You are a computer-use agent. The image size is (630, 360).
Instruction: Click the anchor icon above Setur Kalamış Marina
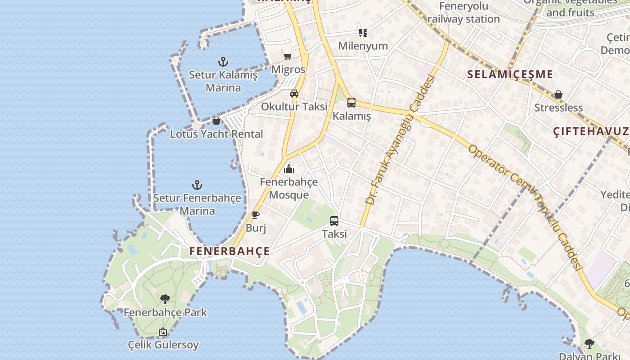(x=223, y=62)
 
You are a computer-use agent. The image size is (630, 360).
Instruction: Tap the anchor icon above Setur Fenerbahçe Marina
(x=197, y=185)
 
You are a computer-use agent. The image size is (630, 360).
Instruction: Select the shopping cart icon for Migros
(x=288, y=57)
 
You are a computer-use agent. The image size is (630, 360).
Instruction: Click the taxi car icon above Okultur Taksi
(x=294, y=94)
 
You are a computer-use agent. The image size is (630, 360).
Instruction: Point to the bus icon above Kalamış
(x=351, y=103)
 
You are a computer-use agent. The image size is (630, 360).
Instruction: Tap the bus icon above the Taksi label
(x=334, y=221)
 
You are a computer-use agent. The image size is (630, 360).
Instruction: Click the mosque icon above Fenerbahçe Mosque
(x=289, y=169)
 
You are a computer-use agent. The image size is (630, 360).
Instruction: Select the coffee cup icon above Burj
(x=256, y=215)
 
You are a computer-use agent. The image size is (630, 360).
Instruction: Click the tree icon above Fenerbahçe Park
(x=165, y=299)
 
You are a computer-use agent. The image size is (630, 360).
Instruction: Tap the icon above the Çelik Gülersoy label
(x=163, y=332)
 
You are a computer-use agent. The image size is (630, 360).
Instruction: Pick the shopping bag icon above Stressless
(x=558, y=94)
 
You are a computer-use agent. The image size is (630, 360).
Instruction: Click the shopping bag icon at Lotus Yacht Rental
(x=216, y=121)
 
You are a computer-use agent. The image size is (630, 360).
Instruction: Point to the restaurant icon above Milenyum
(x=363, y=33)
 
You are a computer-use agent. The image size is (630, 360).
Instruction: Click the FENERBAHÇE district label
(x=229, y=251)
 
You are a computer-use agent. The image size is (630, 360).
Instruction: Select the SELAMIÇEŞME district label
(x=510, y=75)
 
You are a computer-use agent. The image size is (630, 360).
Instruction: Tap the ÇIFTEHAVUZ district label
(x=591, y=131)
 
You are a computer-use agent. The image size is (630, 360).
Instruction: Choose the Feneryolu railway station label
(x=463, y=13)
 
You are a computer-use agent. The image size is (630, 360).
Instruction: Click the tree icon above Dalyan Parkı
(x=589, y=344)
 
